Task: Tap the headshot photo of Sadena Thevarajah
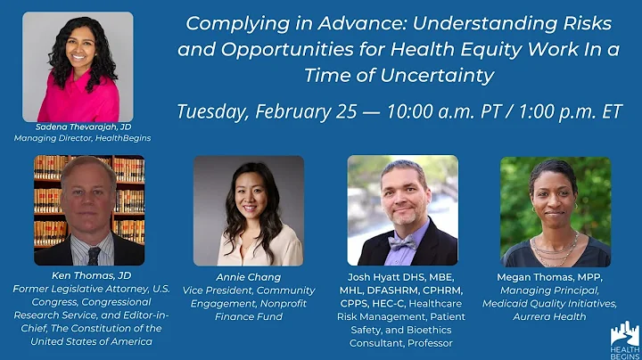tap(78, 65)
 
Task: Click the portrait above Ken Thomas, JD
tap(89, 210)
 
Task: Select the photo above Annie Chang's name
tap(248, 210)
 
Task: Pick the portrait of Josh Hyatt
tap(402, 210)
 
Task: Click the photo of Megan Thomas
tap(555, 210)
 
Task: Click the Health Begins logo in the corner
tap(624, 339)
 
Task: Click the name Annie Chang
tap(248, 277)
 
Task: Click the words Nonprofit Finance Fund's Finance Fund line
tap(248, 316)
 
